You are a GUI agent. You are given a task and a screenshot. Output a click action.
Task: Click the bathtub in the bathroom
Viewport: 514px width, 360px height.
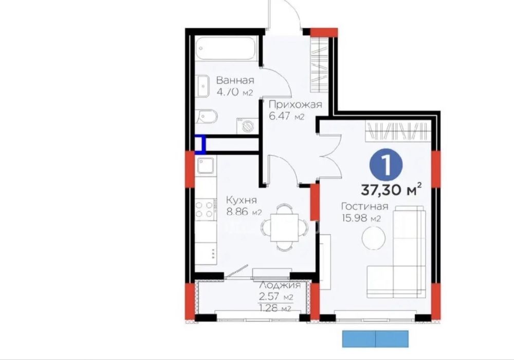coord(226,48)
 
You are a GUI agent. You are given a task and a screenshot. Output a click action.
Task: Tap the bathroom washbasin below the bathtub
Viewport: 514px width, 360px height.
coord(203,86)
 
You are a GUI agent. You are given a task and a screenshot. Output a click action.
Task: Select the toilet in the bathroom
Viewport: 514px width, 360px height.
coord(206,116)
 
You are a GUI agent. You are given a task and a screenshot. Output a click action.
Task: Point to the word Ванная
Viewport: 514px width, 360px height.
coord(235,80)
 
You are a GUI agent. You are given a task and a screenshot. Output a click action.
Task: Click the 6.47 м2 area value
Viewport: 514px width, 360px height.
coord(286,116)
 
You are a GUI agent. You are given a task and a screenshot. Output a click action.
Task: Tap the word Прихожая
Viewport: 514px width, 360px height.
coord(296,104)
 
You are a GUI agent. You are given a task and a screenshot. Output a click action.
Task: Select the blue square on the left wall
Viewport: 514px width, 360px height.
coord(200,145)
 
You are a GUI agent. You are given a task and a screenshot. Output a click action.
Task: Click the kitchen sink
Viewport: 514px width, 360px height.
coord(206,165)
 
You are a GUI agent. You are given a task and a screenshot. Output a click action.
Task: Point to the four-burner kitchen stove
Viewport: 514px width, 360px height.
coord(205,210)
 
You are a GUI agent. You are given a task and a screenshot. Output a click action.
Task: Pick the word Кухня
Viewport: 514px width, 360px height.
coord(242,200)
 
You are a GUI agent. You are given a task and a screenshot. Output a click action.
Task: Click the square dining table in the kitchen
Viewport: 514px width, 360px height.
coord(285,227)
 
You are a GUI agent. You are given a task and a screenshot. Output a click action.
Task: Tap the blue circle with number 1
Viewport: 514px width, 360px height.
coord(386,166)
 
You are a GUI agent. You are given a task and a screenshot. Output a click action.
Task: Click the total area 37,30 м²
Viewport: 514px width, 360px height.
coord(391,189)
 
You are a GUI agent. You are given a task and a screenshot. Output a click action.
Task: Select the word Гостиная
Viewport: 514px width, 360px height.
coord(365,206)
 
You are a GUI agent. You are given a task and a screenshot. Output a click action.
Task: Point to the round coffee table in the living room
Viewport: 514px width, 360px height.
coord(373,238)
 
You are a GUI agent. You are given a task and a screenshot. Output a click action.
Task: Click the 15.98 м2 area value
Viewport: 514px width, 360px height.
coord(361,219)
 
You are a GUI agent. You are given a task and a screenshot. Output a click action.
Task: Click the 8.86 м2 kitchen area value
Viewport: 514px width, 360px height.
coord(244,212)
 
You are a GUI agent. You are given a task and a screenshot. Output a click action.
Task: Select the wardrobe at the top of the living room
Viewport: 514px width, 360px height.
coord(397,131)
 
